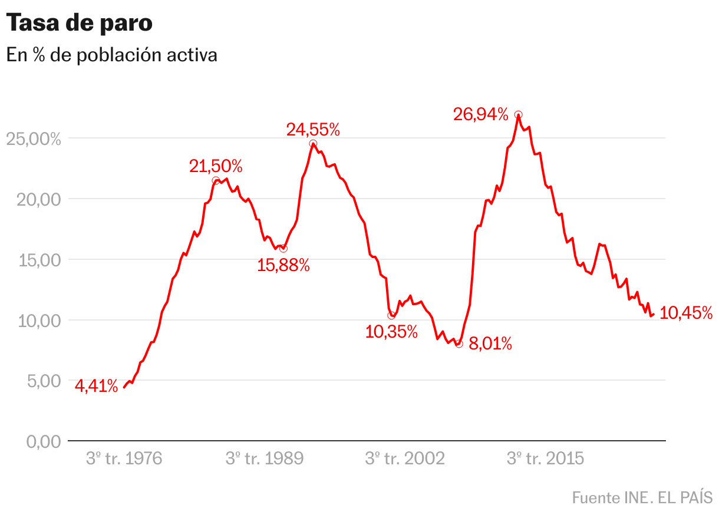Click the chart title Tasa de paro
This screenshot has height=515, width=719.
[x=80, y=24]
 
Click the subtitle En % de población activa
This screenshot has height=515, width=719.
[x=112, y=55]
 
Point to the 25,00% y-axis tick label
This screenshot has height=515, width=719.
[x=34, y=139]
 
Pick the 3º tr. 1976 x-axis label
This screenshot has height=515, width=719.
[x=124, y=458]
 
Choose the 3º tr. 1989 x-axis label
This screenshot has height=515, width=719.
[x=264, y=458]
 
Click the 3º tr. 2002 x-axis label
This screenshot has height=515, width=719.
[x=405, y=458]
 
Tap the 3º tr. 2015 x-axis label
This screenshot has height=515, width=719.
[x=545, y=458]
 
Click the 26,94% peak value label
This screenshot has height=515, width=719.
[x=480, y=114]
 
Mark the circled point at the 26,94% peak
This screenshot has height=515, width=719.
[x=518, y=114]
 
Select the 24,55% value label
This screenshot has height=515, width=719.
[x=313, y=130]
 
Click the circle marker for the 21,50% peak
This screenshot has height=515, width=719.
[x=216, y=181]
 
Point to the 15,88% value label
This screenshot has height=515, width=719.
[x=283, y=266]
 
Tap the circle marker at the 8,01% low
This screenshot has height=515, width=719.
[x=459, y=344]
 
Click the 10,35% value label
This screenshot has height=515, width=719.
[x=391, y=332]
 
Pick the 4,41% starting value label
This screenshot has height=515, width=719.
[x=96, y=387]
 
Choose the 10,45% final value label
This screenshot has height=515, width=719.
[x=685, y=313]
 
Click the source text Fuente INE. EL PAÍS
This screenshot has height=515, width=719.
[x=642, y=497]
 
